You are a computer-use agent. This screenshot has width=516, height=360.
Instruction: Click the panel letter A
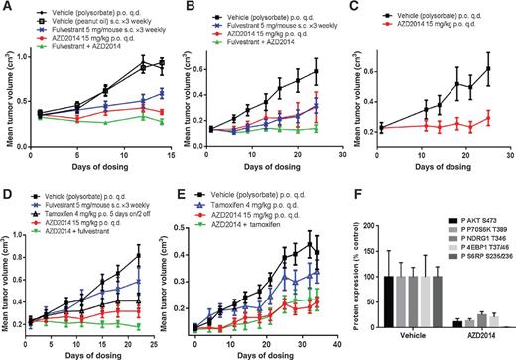(x=7, y=8)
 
